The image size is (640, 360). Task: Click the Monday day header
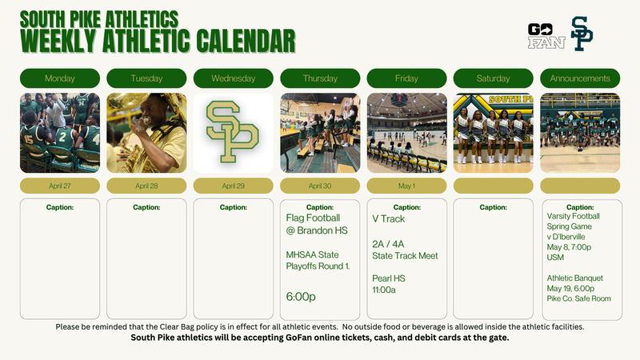pos(60,78)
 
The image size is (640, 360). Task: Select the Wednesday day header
pos(234,78)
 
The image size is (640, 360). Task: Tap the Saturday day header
pos(493,78)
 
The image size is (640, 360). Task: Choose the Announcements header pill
pos(580,78)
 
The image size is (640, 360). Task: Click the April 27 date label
pos(60,186)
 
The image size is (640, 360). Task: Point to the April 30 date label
pos(320,186)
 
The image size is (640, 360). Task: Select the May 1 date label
pos(406,186)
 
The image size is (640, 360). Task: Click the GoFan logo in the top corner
pos(546,35)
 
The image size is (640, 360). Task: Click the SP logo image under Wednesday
pos(234,133)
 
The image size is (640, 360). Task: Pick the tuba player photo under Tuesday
pos(146,133)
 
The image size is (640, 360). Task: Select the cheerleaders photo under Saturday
pos(493,133)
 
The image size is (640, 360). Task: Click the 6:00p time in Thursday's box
pos(301,296)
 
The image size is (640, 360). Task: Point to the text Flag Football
pos(313,217)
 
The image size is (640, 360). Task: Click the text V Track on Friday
pos(389,218)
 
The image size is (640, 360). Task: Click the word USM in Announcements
pos(555,258)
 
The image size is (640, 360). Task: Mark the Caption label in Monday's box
pos(60,207)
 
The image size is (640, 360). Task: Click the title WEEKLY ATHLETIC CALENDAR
pos(158,38)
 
